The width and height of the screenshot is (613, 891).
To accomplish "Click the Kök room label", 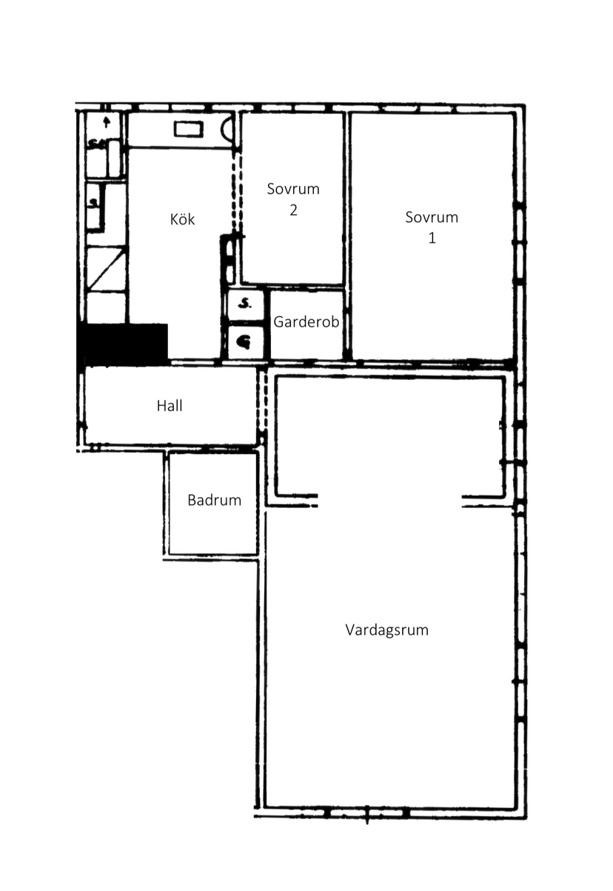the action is point(182,219).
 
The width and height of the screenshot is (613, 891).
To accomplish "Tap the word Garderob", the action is point(306,321).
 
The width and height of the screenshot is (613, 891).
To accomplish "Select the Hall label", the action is point(170,406).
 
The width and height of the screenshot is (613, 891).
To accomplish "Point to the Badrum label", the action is point(214,500).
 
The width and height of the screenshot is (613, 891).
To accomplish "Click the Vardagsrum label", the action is point(386,630).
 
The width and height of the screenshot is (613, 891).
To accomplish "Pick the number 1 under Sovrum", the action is point(432,238).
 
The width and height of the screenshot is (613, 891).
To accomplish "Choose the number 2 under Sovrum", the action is point(293,210).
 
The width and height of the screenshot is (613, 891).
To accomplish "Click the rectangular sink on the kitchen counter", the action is point(189,130).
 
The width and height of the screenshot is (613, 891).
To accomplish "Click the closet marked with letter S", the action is point(245,305).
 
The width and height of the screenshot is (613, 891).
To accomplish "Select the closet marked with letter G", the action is point(245,341).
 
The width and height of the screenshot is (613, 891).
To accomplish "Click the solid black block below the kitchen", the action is point(122,344).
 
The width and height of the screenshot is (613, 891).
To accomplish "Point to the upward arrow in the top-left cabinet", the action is point(106,121).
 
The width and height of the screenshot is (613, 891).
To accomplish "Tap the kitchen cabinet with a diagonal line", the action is point(107,270).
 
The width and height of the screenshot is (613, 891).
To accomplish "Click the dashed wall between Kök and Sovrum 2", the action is point(237,193).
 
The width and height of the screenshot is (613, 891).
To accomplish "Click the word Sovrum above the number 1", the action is point(432,217).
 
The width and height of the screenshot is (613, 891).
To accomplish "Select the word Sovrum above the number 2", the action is point(293,189).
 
